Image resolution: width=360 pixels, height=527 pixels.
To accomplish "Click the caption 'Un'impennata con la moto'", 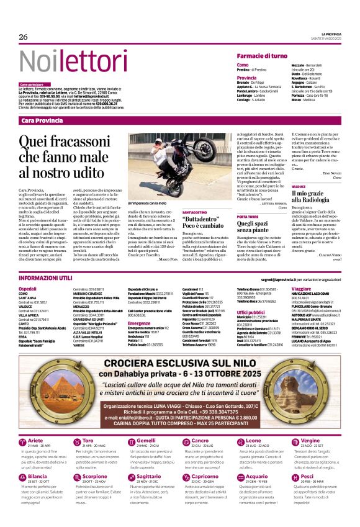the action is click(148, 203).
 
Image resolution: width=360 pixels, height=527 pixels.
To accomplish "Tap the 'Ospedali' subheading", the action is click(27, 289).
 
